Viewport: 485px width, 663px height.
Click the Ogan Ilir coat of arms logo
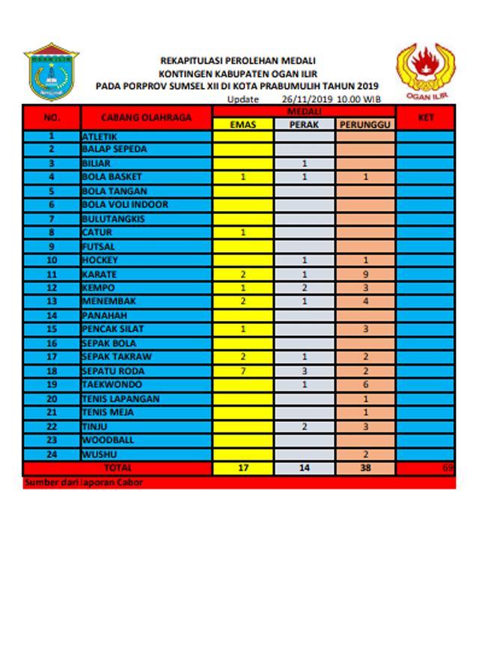tap(51, 74)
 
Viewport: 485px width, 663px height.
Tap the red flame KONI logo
tap(425, 69)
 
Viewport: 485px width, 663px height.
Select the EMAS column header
tap(243, 125)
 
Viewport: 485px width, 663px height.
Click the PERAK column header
tap(305, 125)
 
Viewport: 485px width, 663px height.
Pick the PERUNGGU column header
tap(366, 125)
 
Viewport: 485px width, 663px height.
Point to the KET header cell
tap(425, 118)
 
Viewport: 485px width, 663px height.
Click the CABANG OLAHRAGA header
tap(146, 118)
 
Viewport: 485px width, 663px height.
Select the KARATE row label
tap(99, 275)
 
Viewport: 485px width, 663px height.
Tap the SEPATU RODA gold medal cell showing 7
tap(243, 371)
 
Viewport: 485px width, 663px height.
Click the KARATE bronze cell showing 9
tap(366, 275)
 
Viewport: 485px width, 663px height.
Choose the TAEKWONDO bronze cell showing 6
tap(366, 385)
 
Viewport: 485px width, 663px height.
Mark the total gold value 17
tap(243, 468)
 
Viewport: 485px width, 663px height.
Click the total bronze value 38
tap(366, 468)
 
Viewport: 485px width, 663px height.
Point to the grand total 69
tap(448, 468)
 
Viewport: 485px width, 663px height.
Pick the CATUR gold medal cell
tap(243, 233)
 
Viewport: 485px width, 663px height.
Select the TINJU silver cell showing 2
tap(305, 427)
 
